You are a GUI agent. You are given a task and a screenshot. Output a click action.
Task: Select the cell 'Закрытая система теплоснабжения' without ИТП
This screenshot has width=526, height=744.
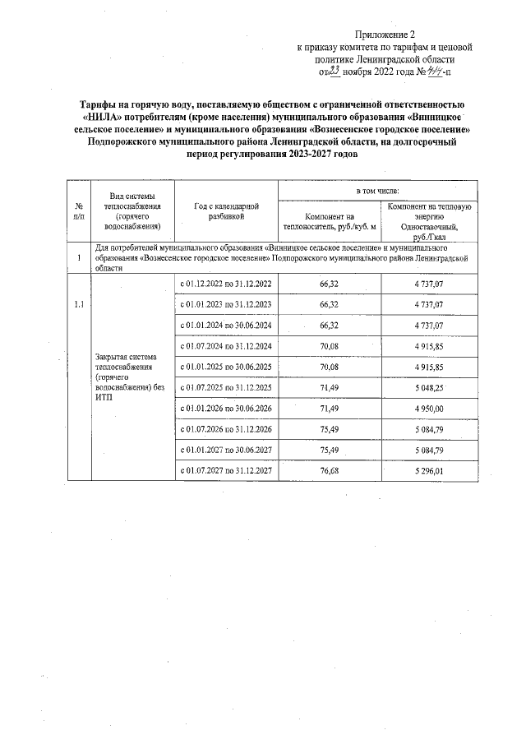tap(125, 377)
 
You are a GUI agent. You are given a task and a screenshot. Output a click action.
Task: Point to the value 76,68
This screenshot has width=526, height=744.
tap(329, 470)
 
